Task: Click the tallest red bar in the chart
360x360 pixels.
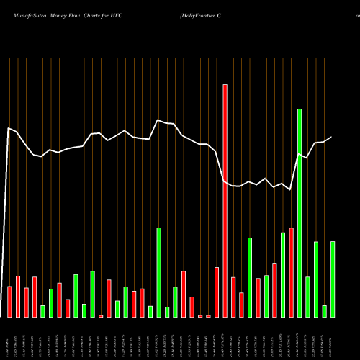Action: [225, 201]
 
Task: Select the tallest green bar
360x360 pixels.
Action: [300, 213]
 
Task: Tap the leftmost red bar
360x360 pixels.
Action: [9, 302]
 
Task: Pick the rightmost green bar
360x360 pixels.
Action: [333, 279]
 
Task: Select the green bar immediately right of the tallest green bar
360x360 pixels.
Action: [307, 297]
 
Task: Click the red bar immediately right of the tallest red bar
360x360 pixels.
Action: [233, 297]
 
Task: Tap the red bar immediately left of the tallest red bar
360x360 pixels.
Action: [217, 292]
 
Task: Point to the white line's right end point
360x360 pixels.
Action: [332, 137]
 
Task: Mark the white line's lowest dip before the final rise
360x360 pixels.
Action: [290, 190]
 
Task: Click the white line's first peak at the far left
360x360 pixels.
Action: [9, 129]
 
